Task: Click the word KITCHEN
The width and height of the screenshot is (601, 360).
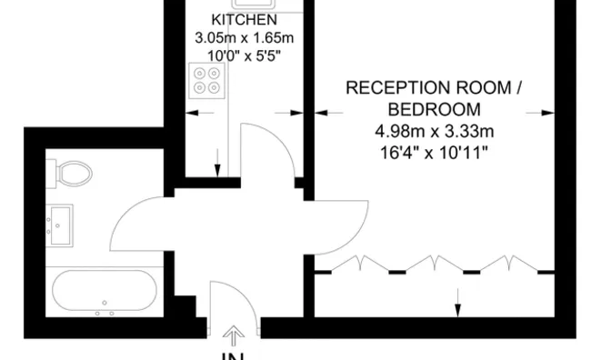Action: point(244,20)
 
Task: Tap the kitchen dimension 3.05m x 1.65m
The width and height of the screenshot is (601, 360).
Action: point(244,37)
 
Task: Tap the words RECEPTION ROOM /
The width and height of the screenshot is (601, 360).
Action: point(434,88)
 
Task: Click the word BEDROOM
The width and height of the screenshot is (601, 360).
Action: point(434,109)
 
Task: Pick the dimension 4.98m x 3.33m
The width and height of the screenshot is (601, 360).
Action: point(434,131)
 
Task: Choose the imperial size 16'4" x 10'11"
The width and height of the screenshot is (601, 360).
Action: point(434,152)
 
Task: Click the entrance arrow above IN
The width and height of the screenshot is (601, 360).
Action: point(235,336)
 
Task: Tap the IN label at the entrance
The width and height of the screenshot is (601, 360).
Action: point(235,355)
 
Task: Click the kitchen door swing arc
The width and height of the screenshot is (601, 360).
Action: point(269,150)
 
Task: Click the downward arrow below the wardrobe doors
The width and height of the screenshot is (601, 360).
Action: point(457,300)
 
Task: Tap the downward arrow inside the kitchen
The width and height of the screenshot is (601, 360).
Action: point(217,162)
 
